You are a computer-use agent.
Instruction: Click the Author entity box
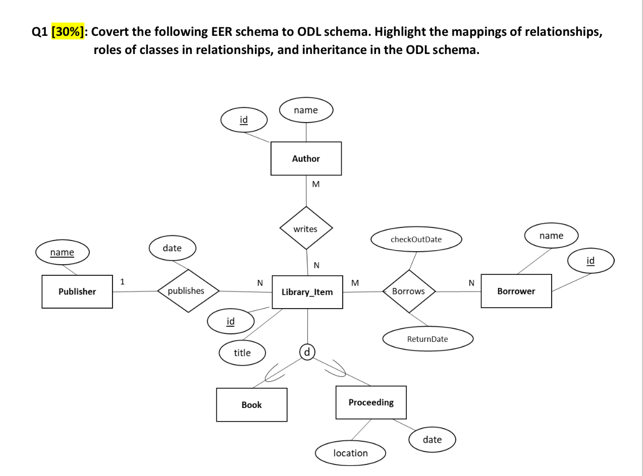(306, 158)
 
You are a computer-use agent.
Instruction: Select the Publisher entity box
(77, 291)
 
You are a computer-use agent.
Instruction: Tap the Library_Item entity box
(307, 292)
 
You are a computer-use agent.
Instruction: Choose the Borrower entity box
(516, 291)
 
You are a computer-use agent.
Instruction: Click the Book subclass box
(251, 404)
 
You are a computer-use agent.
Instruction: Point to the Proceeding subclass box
(370, 402)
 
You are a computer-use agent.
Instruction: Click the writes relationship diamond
(306, 228)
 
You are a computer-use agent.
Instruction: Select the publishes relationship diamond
(186, 291)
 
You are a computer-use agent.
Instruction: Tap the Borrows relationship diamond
(408, 291)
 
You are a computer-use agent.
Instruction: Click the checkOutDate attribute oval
(416, 240)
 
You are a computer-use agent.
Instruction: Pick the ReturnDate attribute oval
(427, 339)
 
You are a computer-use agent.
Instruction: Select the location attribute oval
(350, 453)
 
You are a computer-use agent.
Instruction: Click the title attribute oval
(242, 353)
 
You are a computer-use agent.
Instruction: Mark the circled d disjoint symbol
(307, 350)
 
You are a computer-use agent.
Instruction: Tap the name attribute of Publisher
(62, 252)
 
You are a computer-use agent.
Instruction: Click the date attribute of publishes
(172, 248)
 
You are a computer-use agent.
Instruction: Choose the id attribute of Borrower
(590, 260)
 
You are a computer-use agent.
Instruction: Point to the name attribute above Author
(306, 110)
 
